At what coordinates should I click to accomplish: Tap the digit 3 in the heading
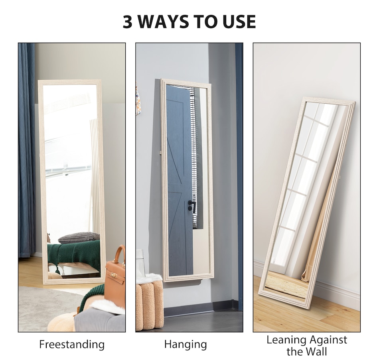tap(128, 22)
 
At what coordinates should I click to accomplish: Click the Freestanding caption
tap(72, 344)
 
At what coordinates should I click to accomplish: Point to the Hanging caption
tap(186, 344)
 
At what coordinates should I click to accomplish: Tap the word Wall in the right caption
tap(316, 352)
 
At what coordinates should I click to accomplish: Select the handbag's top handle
tap(120, 254)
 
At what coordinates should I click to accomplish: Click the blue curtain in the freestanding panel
tap(27, 150)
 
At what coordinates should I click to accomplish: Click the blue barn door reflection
tap(180, 181)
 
